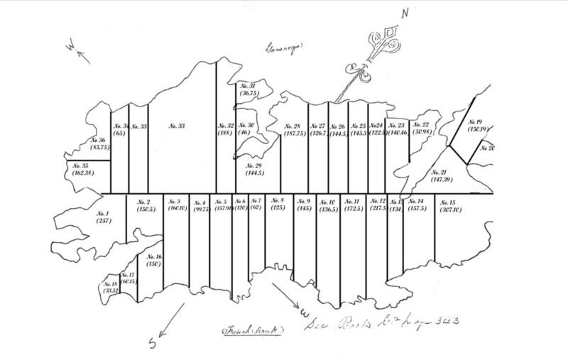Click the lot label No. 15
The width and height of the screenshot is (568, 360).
point(448,202)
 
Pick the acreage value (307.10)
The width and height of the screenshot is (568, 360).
point(448,210)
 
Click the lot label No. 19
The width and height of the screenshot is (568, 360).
point(474,122)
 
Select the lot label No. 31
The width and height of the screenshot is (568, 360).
point(248,85)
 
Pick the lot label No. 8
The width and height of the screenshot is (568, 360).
point(278,200)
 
